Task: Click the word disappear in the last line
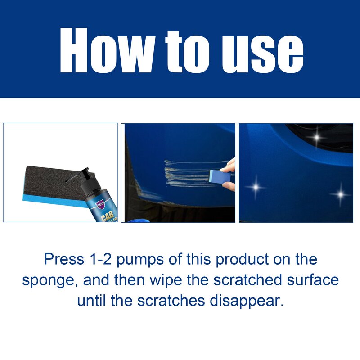coord(247,300)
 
